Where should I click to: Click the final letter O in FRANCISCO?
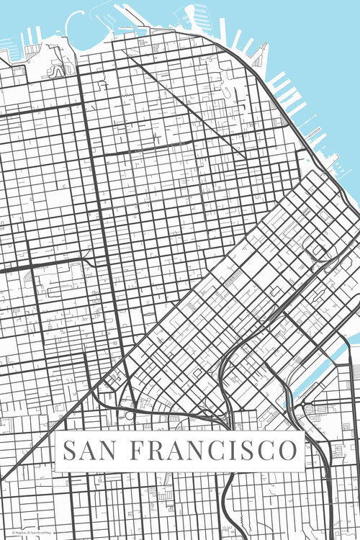click(286, 451)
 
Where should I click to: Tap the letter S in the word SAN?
click(70, 451)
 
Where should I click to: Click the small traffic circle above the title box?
click(130, 415)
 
